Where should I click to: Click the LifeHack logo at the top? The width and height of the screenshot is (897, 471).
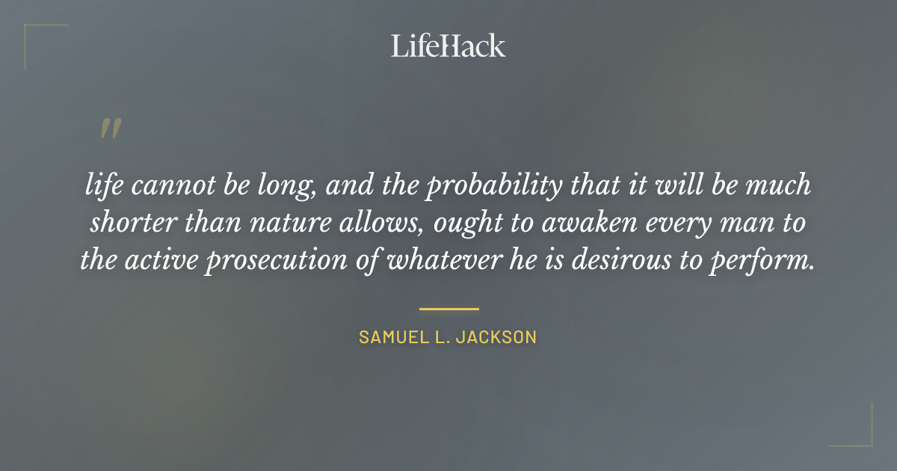(449, 46)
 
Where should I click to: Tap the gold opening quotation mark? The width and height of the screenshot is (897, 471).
(111, 129)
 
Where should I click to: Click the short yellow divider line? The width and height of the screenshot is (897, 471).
(449, 308)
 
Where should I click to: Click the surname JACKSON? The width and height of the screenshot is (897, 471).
(499, 337)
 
